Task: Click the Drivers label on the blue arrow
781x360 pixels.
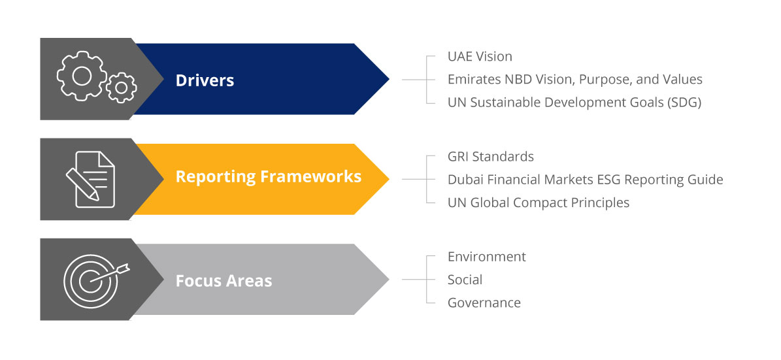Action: pyautogui.click(x=205, y=80)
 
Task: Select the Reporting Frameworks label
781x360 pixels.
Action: pyautogui.click(x=269, y=177)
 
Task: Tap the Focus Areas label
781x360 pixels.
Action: pyautogui.click(x=224, y=281)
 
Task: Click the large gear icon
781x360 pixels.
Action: pyautogui.click(x=82, y=76)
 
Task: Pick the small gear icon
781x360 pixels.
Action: pyautogui.click(x=121, y=88)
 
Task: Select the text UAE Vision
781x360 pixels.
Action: pyautogui.click(x=480, y=57)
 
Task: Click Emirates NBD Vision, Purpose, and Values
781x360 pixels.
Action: pyautogui.click(x=574, y=80)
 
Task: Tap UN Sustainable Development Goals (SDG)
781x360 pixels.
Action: pyautogui.click(x=574, y=103)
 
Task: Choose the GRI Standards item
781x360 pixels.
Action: pyautogui.click(x=491, y=157)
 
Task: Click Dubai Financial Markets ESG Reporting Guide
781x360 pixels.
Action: pyautogui.click(x=585, y=180)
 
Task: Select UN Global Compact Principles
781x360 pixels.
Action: pyautogui.click(x=539, y=203)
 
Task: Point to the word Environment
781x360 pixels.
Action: pyautogui.click(x=487, y=257)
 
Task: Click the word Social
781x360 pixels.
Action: pyautogui.click(x=465, y=280)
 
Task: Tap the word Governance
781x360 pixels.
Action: pyautogui.click(x=484, y=303)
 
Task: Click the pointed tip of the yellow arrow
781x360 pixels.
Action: pyautogui.click(x=389, y=179)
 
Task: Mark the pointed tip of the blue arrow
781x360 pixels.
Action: pyautogui.click(x=389, y=79)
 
